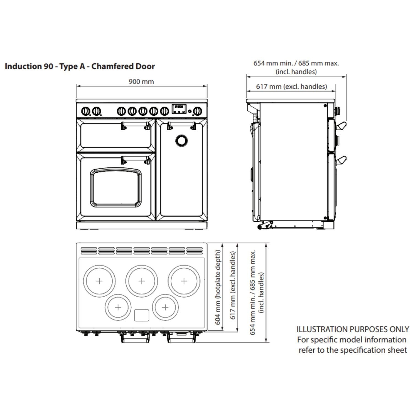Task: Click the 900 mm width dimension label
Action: (x=141, y=81)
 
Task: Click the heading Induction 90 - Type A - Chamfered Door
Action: (x=80, y=66)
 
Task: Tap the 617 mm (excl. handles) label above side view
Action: (x=291, y=86)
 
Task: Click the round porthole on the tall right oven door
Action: (x=181, y=140)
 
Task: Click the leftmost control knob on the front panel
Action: (x=85, y=111)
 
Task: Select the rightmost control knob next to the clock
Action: (x=197, y=111)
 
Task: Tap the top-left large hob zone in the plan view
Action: (x=99, y=281)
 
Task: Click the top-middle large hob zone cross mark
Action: (x=142, y=281)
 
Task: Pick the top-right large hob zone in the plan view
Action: (x=184, y=281)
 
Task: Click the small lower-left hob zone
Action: (x=118, y=307)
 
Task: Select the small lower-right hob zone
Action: (x=165, y=307)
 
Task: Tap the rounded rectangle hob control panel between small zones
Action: (x=142, y=315)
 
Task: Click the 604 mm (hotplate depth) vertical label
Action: (x=218, y=287)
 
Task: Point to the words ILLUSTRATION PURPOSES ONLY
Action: (x=352, y=329)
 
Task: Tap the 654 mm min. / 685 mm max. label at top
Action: (x=296, y=63)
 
